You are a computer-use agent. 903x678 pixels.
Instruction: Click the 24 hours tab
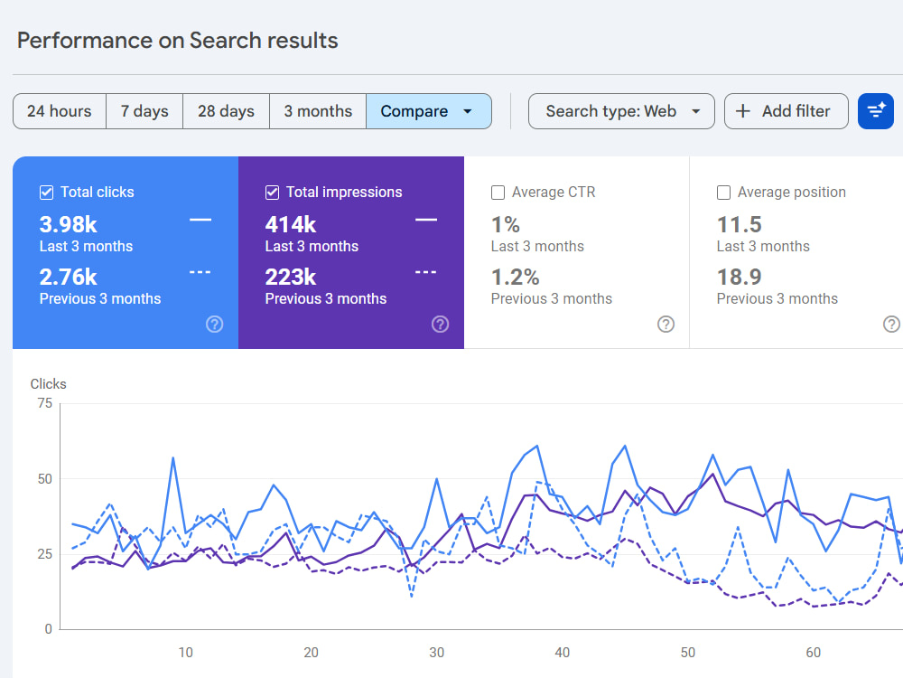tap(60, 111)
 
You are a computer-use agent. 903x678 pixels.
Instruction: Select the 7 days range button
tap(144, 111)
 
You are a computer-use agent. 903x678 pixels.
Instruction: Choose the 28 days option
tap(226, 111)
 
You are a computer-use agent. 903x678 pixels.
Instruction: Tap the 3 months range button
tap(318, 111)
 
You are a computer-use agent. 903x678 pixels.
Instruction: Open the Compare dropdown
tap(428, 111)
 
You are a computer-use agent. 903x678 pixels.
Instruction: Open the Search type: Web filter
tap(621, 111)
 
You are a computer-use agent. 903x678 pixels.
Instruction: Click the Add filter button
tap(787, 111)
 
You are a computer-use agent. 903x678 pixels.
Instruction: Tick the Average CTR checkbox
tap(498, 193)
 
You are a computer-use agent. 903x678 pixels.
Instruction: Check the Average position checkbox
tap(724, 193)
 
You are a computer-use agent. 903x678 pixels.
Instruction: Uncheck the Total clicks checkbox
tap(47, 193)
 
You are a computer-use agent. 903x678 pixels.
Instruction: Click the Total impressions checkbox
tap(273, 193)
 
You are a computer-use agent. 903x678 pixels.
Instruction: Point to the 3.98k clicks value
tap(68, 224)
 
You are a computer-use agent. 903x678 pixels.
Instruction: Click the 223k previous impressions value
tap(291, 278)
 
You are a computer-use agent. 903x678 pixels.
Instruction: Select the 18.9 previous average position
tap(740, 278)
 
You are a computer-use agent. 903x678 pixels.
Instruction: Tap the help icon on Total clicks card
tap(215, 324)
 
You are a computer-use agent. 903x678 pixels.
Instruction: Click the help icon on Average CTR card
tap(666, 324)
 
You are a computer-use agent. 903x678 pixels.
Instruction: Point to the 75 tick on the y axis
tap(45, 403)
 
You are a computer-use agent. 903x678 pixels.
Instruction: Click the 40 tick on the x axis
tap(562, 653)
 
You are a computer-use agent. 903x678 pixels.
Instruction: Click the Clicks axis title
tap(49, 384)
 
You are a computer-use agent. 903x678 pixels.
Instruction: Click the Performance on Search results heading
tap(177, 41)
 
